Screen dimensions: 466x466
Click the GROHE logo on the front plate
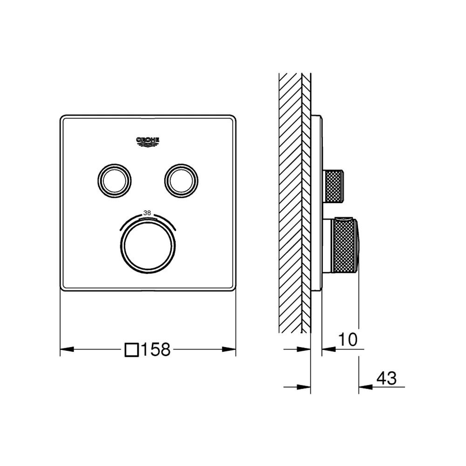click(148, 142)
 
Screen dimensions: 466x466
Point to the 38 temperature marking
click(147, 213)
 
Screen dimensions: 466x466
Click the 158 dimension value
click(156, 349)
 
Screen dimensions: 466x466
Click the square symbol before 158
click(132, 350)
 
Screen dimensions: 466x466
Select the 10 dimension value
click(348, 339)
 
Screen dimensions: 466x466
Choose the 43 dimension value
click(386, 378)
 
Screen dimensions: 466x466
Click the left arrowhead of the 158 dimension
click(67, 349)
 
